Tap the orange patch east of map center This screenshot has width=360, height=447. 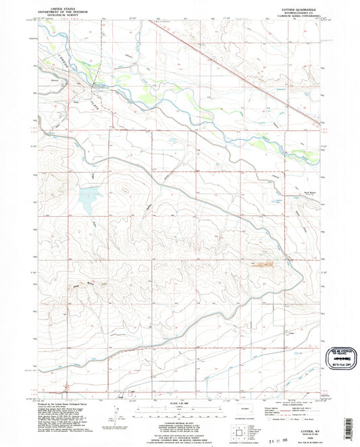click(x=260, y=264)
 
